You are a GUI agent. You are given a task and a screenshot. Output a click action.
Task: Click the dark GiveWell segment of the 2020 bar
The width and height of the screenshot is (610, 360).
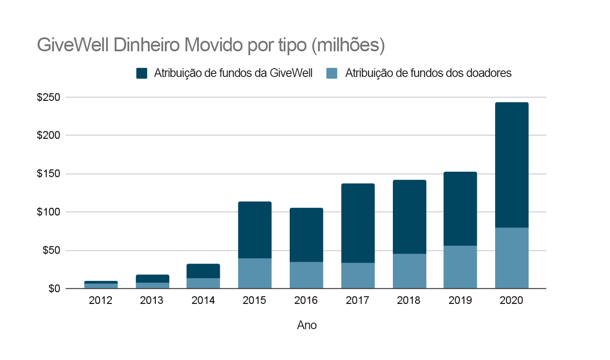tap(512, 165)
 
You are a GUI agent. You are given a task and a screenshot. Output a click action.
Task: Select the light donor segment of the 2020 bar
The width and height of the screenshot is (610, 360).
tap(512, 258)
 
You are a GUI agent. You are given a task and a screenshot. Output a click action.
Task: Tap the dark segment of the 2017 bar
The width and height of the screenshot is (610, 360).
tap(358, 223)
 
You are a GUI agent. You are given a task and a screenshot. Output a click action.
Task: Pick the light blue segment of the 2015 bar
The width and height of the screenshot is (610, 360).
tap(255, 273)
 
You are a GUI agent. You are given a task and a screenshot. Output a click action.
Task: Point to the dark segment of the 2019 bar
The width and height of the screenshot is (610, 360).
tap(460, 209)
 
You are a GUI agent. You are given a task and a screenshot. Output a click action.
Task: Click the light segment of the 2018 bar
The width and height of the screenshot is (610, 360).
tap(409, 271)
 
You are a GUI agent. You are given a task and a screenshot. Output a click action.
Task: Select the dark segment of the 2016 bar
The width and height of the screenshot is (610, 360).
tap(306, 235)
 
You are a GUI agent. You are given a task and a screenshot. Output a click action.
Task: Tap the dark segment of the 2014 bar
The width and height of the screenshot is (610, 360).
tap(203, 271)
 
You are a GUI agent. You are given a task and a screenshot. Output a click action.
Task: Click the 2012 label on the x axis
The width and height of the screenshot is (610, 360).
tap(101, 301)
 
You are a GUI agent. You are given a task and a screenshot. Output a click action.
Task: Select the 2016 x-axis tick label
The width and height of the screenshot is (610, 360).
tap(306, 301)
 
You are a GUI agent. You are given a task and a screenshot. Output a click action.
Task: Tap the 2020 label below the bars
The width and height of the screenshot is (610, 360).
tap(512, 301)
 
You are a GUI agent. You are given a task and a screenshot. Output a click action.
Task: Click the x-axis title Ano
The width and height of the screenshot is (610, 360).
tap(307, 325)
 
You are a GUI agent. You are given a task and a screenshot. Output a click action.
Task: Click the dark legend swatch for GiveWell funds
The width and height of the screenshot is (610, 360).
tap(142, 73)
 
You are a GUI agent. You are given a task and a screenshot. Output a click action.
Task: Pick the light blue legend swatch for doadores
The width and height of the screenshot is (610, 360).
tap(332, 73)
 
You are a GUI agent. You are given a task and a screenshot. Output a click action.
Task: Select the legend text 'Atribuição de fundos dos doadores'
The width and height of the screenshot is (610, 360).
tap(428, 73)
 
